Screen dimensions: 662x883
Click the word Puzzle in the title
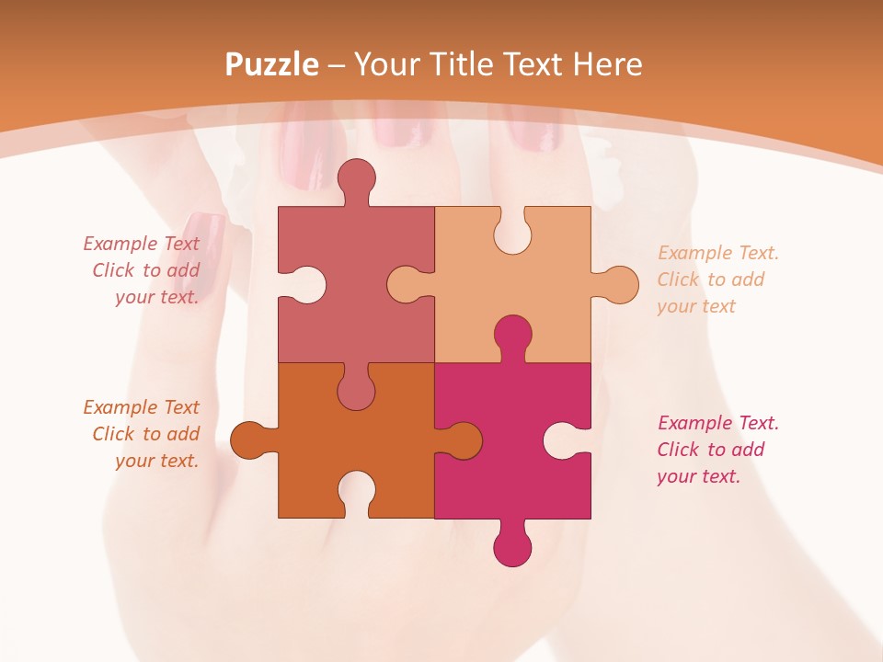coord(272,64)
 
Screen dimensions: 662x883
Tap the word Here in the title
coord(607,64)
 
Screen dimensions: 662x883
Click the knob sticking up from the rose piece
coord(356,179)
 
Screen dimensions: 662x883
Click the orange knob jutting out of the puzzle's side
coord(249,440)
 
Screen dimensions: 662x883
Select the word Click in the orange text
coord(113,434)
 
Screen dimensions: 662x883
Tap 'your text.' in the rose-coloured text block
coord(156,297)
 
